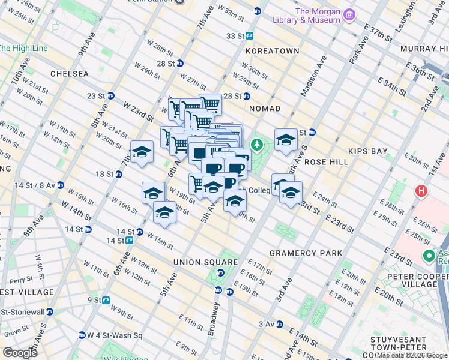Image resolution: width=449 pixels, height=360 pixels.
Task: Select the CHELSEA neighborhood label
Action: tap(70, 74)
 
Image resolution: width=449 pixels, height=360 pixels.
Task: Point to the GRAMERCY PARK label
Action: tap(306, 253)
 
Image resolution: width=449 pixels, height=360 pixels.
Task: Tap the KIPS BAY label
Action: tap(367, 151)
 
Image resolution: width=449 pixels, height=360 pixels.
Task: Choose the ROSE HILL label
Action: tap(327, 162)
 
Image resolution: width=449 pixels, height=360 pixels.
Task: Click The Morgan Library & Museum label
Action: tap(318, 16)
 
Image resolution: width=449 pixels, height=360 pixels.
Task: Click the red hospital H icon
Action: tap(421, 192)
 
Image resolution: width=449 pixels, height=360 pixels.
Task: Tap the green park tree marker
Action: tap(257, 145)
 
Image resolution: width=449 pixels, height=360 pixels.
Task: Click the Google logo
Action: tap(19, 353)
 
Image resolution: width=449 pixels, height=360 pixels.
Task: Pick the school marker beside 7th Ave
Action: tap(142, 152)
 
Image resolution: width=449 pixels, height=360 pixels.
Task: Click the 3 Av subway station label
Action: tap(267, 324)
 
